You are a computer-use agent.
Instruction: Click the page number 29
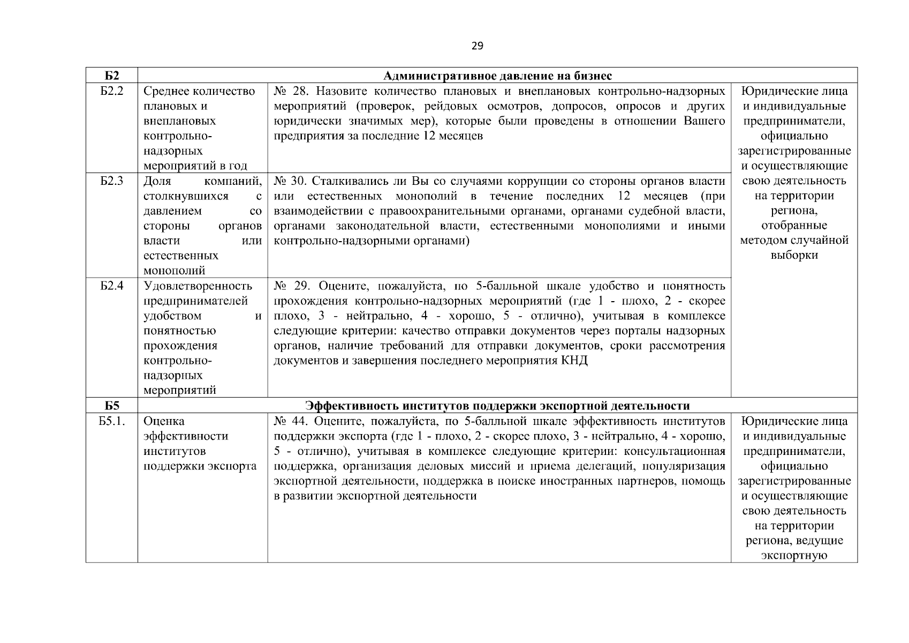point(477,46)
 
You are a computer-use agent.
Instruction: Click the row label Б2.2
point(111,91)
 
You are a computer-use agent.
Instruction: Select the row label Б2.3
point(111,181)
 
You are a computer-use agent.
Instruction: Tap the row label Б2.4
point(111,286)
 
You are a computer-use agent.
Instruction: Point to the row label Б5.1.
point(112,421)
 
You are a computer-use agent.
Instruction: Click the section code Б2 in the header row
point(111,75)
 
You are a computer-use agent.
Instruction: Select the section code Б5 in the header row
point(111,406)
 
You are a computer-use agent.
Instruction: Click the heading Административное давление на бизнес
point(498,75)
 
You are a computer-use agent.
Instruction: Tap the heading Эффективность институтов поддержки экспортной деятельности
point(497,406)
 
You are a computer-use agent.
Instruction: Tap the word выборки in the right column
point(794,256)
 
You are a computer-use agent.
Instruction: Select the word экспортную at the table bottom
point(794,556)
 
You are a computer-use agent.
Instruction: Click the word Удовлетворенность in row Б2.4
point(198,286)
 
